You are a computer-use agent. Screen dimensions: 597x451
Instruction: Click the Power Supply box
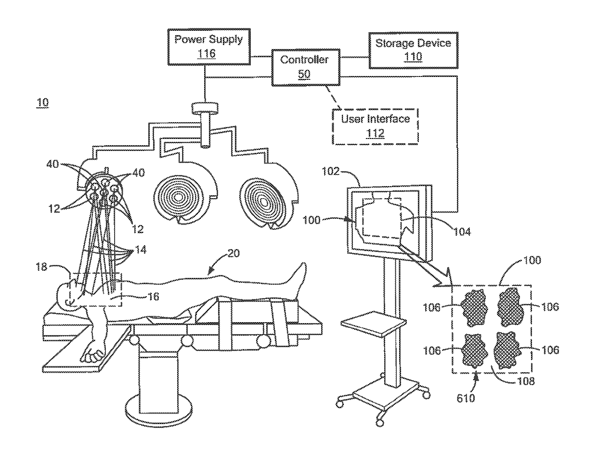(x=208, y=47)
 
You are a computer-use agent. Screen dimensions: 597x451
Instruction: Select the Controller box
(x=306, y=67)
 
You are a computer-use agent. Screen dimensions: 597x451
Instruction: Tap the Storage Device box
(x=413, y=50)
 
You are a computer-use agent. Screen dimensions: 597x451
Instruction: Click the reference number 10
(x=42, y=102)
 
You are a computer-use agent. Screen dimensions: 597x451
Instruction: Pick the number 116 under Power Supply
(x=207, y=53)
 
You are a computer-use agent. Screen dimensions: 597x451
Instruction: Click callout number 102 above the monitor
(x=330, y=171)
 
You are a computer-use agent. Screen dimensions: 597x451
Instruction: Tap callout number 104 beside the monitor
(x=462, y=232)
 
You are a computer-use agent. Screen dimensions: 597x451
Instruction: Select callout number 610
(x=466, y=398)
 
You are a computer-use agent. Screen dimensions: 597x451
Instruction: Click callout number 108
(x=526, y=381)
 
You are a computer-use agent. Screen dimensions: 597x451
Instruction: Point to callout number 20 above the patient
(x=234, y=253)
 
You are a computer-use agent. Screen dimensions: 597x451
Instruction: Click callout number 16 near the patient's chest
(x=153, y=297)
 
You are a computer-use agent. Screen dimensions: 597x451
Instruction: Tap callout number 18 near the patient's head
(x=41, y=267)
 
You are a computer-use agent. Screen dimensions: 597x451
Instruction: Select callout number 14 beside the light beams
(x=141, y=249)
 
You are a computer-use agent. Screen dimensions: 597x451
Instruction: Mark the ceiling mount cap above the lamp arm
(x=205, y=108)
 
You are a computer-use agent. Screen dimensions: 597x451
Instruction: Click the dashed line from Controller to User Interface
(x=334, y=97)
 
